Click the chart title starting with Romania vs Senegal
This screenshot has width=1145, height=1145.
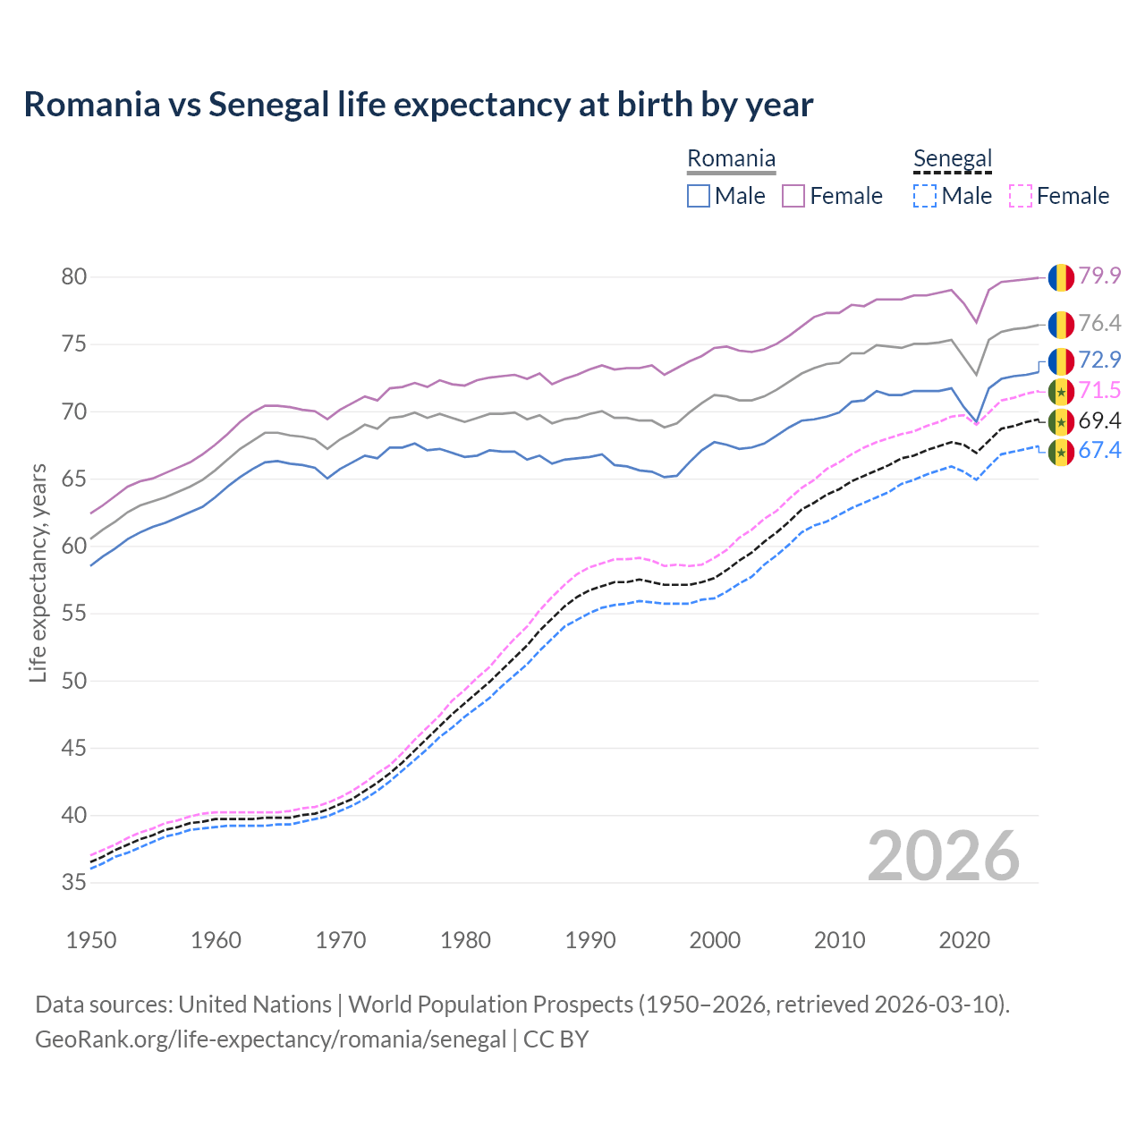pos(418,105)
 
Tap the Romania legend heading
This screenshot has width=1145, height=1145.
pos(731,159)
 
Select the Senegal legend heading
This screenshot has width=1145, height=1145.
pos(953,159)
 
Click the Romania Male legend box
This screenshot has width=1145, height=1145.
pos(699,196)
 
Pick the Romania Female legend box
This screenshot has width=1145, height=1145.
pos(793,196)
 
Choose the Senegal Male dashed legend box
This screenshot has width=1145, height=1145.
pos(925,196)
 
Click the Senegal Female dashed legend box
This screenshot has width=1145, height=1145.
pos(1021,196)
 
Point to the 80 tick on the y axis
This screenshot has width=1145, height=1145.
pos(73,277)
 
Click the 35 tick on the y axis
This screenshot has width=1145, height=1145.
pos(73,883)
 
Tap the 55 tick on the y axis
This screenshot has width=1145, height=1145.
pos(73,614)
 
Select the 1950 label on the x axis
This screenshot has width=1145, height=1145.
pos(91,940)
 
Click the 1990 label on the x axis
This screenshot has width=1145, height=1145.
pos(590,940)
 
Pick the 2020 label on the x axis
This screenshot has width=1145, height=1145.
pos(964,940)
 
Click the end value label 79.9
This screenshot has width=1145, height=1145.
pos(1099,276)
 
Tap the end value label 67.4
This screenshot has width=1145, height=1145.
pos(1099,451)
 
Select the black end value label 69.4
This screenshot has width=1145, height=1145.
pos(1099,421)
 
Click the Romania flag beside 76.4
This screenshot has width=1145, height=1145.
pos(1061,324)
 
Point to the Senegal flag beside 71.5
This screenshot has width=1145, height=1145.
pos(1061,391)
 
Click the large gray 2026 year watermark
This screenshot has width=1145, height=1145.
pos(944,856)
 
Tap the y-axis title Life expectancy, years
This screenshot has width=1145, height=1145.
pos(38,572)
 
